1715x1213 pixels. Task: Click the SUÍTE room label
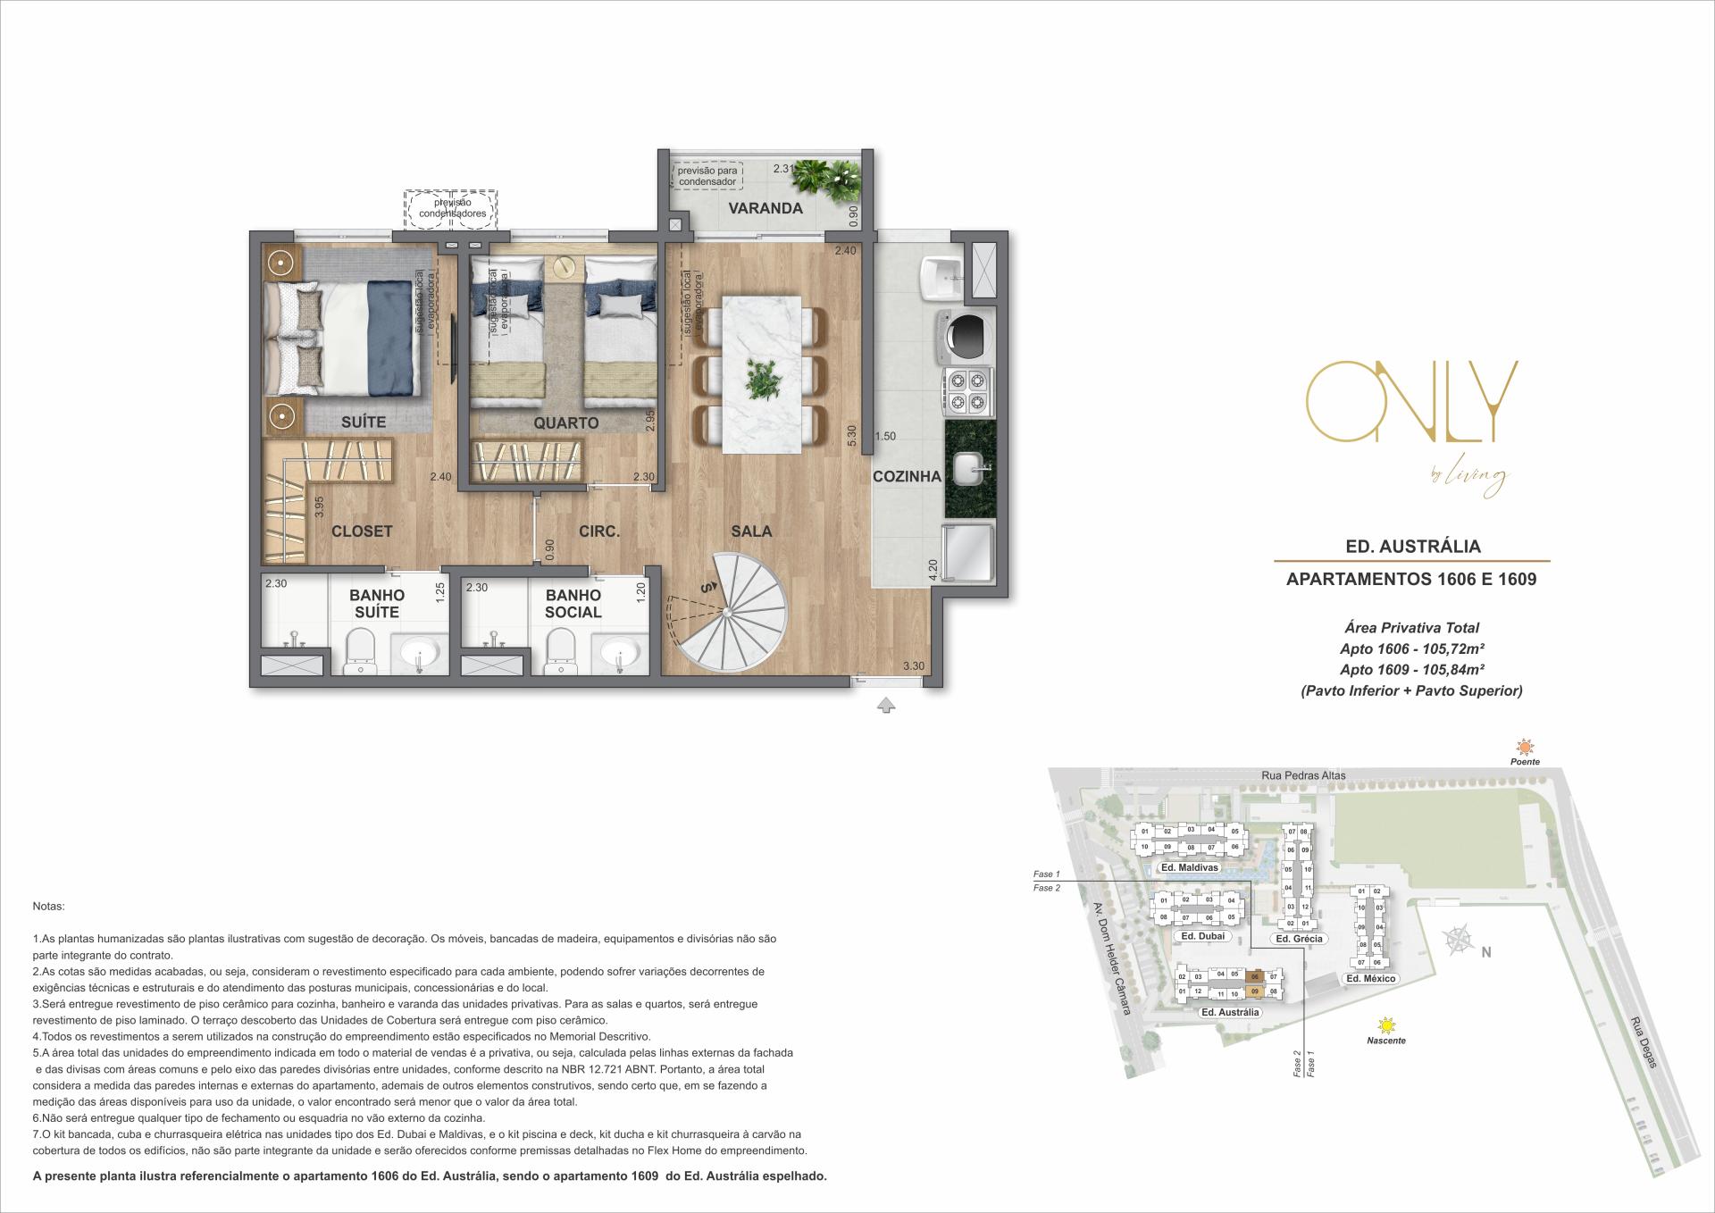(x=364, y=422)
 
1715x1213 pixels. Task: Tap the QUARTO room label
(x=565, y=422)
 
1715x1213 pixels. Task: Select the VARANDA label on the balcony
(x=765, y=208)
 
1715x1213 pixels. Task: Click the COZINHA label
(x=907, y=476)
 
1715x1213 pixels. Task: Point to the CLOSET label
(x=362, y=531)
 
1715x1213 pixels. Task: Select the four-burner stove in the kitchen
(x=967, y=392)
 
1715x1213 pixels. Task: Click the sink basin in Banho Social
(x=618, y=654)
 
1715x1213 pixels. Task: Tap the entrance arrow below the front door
(x=885, y=706)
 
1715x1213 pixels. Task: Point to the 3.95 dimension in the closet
(x=319, y=507)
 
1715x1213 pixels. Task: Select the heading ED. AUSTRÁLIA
(x=1412, y=546)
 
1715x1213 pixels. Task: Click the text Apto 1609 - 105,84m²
(x=1412, y=670)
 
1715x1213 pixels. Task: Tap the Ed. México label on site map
(x=1370, y=979)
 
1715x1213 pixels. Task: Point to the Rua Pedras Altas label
(x=1304, y=775)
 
